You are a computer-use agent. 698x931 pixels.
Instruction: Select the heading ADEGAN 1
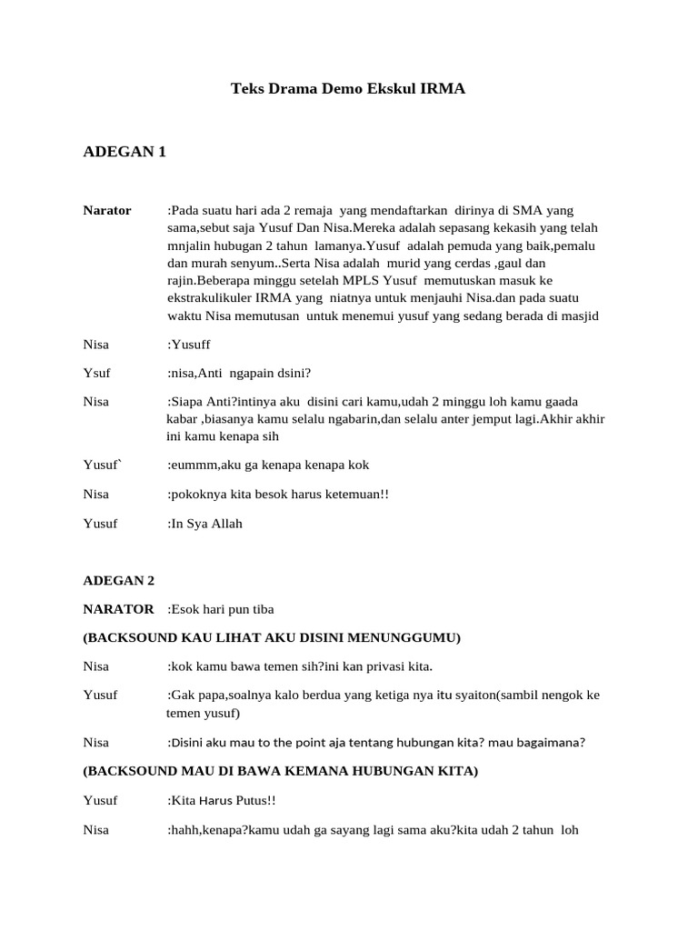pos(125,152)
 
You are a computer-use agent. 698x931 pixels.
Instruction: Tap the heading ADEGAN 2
pos(119,580)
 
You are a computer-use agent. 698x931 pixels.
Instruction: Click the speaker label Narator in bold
pos(107,211)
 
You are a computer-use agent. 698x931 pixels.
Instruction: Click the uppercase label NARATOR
pos(118,608)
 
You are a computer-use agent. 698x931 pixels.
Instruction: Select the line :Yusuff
pos(192,345)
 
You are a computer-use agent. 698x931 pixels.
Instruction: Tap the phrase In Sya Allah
pos(207,524)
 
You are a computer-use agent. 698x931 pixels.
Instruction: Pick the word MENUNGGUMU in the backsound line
pos(414,637)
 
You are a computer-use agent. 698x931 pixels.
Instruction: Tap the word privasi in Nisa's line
pos(374,666)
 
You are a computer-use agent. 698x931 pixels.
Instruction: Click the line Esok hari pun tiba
pos(221,608)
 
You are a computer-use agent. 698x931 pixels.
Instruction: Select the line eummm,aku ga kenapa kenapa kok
pos(269,465)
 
